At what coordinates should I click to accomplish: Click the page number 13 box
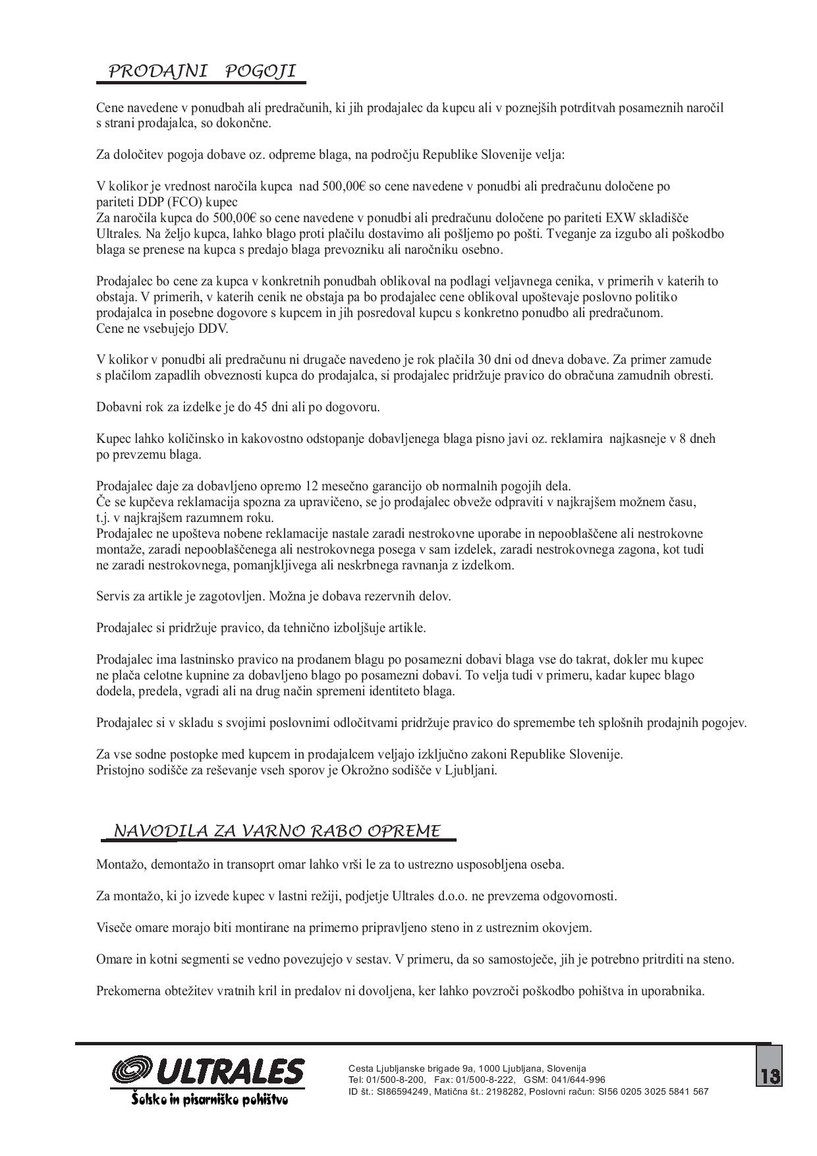(x=770, y=1076)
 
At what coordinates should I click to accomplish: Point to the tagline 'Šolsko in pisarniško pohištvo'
(x=209, y=1100)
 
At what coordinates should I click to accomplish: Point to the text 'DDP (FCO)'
(x=177, y=202)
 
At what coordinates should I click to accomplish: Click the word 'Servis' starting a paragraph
(x=113, y=596)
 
